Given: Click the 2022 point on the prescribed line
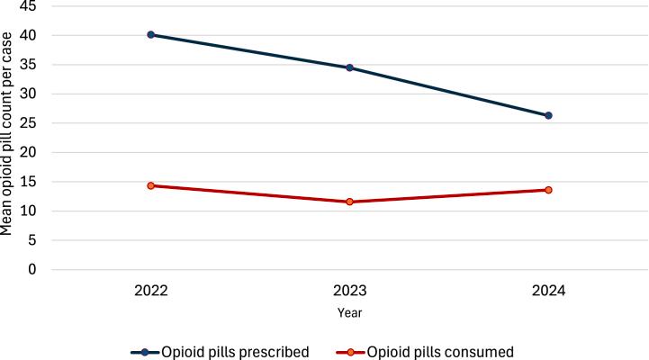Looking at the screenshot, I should pyautogui.click(x=150, y=34).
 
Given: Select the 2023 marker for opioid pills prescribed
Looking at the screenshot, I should pyautogui.click(x=349, y=67).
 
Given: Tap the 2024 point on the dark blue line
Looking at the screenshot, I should pyautogui.click(x=548, y=115).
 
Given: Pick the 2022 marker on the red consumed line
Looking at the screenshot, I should pyautogui.click(x=150, y=185).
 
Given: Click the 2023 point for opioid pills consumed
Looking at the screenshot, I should pyautogui.click(x=349, y=202).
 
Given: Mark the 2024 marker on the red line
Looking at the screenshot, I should pyautogui.click(x=548, y=190).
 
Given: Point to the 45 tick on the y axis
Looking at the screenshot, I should pyautogui.click(x=29, y=6).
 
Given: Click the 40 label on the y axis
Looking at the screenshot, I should pyautogui.click(x=29, y=36).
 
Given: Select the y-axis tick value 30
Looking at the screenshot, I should pyautogui.click(x=29, y=94).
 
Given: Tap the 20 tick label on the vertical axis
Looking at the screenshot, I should pyautogui.click(x=29, y=153).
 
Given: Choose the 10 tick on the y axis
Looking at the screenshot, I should pyautogui.click(x=29, y=211).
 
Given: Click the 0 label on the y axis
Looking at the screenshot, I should pyautogui.click(x=32, y=270).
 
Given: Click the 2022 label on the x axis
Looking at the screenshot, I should pyautogui.click(x=150, y=292).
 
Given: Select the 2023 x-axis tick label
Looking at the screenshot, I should pyautogui.click(x=349, y=292).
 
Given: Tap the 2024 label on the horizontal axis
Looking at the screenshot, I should pyautogui.click(x=548, y=292).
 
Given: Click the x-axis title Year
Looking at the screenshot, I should pyautogui.click(x=349, y=313).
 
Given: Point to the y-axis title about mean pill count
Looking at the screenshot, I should pyautogui.click(x=8, y=135).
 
